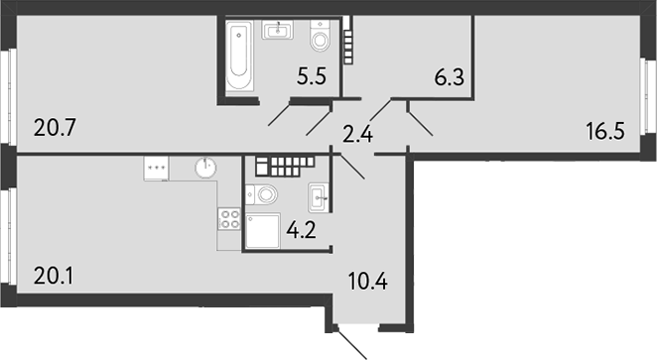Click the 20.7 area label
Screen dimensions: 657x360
(x=55, y=127)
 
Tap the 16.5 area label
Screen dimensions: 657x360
(x=605, y=132)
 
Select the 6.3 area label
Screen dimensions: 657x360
(x=450, y=77)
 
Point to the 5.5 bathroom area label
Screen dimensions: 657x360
(x=312, y=76)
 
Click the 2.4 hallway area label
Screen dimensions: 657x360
(x=358, y=134)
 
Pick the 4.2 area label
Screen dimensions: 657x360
(x=302, y=230)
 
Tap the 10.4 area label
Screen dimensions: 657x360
(x=368, y=281)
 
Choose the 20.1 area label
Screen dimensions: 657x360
(x=54, y=277)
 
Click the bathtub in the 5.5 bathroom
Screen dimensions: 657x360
(x=239, y=56)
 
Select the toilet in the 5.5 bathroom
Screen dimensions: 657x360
(x=321, y=36)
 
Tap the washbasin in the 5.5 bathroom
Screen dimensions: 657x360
(x=277, y=30)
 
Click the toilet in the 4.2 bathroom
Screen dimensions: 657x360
(x=261, y=194)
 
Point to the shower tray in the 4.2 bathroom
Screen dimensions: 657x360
(x=263, y=231)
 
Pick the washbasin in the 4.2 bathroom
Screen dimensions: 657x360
(x=319, y=197)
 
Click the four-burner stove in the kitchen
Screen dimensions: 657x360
(x=229, y=219)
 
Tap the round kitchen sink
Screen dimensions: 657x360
(x=205, y=168)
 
